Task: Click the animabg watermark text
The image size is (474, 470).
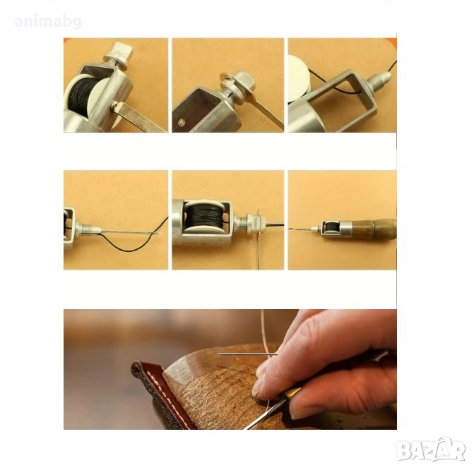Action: (x=48, y=22)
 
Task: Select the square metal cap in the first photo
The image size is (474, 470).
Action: (x=119, y=55)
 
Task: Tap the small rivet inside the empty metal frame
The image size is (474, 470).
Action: (x=181, y=122)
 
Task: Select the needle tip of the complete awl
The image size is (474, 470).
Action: (x=290, y=229)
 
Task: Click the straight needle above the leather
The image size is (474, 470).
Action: (x=247, y=354)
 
